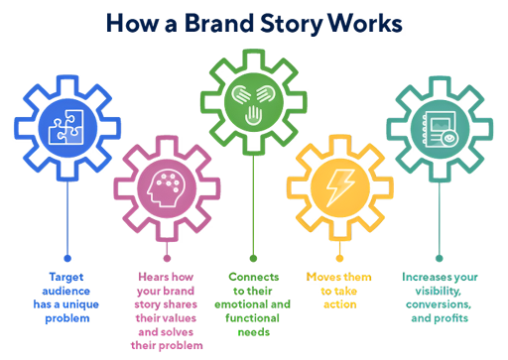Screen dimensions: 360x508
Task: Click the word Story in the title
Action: pos(287,22)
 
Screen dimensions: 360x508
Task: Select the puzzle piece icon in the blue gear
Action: pos(66,128)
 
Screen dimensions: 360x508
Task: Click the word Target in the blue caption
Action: pos(66,276)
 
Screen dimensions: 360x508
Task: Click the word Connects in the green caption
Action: pos(254,276)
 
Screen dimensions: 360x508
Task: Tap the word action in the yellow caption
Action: pos(338,304)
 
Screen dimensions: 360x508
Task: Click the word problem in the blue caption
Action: pos(66,318)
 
